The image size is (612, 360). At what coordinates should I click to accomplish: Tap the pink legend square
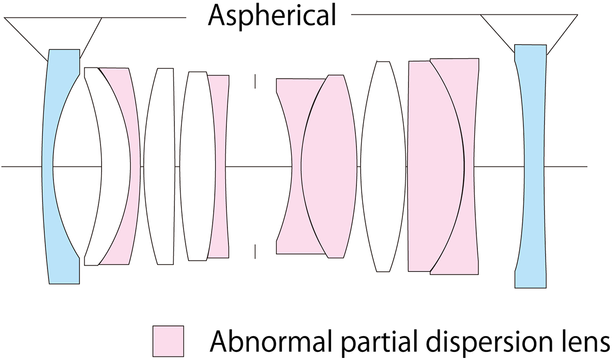(168, 341)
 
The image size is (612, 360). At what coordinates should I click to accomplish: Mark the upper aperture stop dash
(255, 81)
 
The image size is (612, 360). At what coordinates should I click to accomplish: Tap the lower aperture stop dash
(255, 251)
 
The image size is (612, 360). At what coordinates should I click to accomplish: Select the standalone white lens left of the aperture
(159, 166)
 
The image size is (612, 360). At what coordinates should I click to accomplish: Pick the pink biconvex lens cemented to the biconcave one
(329, 166)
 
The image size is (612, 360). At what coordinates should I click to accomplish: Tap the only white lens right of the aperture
(384, 166)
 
